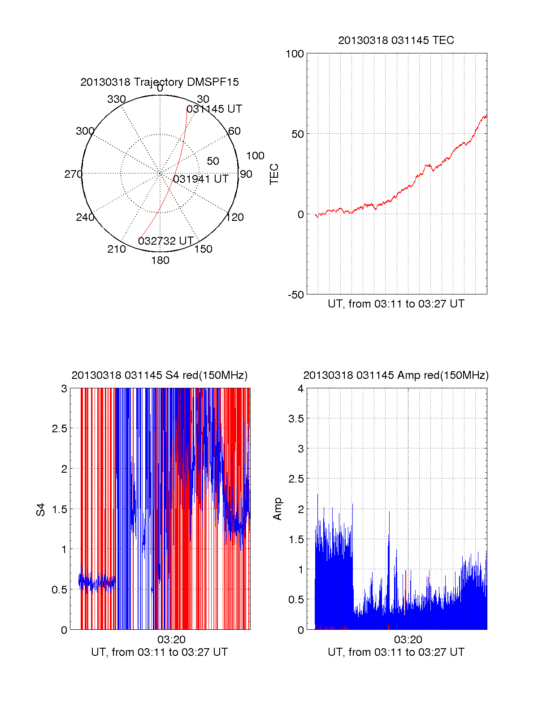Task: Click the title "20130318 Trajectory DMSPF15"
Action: (160, 82)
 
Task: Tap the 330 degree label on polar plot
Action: (116, 99)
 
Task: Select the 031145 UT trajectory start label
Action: (214, 109)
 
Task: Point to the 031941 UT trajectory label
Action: (201, 179)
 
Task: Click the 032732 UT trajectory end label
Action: (166, 241)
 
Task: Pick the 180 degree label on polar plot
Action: (160, 260)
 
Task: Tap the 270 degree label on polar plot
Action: (73, 174)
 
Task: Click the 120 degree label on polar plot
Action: (235, 217)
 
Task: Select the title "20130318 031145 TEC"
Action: (396, 40)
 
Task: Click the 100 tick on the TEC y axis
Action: (295, 54)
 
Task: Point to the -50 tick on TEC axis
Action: (296, 295)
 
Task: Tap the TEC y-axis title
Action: (274, 174)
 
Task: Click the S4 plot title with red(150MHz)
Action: (159, 375)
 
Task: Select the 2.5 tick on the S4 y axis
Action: (60, 429)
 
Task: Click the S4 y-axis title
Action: (41, 509)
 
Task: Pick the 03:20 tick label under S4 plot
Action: (171, 640)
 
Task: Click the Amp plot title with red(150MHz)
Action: (396, 375)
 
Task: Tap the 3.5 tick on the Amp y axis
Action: (296, 419)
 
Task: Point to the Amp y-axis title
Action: (278, 509)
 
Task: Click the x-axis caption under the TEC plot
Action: (396, 304)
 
